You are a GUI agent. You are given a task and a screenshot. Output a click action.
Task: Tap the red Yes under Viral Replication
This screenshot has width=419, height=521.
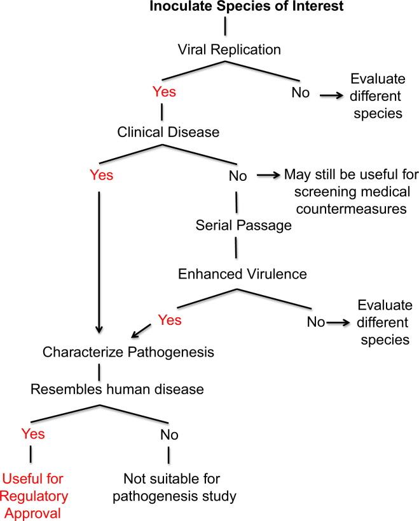164,91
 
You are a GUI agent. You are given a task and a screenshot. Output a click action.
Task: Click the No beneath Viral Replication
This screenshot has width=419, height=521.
301,93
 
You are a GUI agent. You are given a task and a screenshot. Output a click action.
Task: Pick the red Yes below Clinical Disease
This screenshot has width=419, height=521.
101,176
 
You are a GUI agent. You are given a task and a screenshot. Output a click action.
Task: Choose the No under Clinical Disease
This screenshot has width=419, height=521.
238,176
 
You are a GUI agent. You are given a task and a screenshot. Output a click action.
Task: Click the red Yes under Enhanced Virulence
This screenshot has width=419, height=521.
168,320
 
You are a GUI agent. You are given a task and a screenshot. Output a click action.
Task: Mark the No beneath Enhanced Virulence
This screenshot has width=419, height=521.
316,322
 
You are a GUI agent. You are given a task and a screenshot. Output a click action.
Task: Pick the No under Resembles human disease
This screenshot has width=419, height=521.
169,435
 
